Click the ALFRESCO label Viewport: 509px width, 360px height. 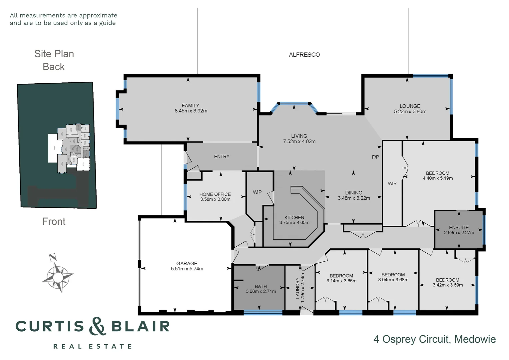304,55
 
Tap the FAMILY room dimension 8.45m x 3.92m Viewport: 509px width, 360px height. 191,111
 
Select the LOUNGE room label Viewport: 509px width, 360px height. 410,106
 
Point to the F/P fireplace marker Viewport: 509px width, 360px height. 375,157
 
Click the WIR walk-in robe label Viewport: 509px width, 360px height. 392,183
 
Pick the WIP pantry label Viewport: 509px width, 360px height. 257,192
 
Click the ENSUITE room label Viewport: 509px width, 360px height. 459,227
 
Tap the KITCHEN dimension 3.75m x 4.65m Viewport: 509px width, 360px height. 294,223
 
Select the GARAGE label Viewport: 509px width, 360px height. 187,263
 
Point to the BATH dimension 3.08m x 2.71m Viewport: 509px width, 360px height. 261,291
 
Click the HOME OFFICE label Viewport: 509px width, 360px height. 215,194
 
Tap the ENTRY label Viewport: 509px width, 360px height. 222,156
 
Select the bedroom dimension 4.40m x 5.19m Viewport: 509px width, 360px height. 438,178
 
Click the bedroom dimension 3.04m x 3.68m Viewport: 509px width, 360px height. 393,280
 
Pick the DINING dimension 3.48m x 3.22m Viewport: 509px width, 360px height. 354,198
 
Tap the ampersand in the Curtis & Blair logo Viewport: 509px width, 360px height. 98,326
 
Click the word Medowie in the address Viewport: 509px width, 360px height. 475,339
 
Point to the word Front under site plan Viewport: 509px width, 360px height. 54,221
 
